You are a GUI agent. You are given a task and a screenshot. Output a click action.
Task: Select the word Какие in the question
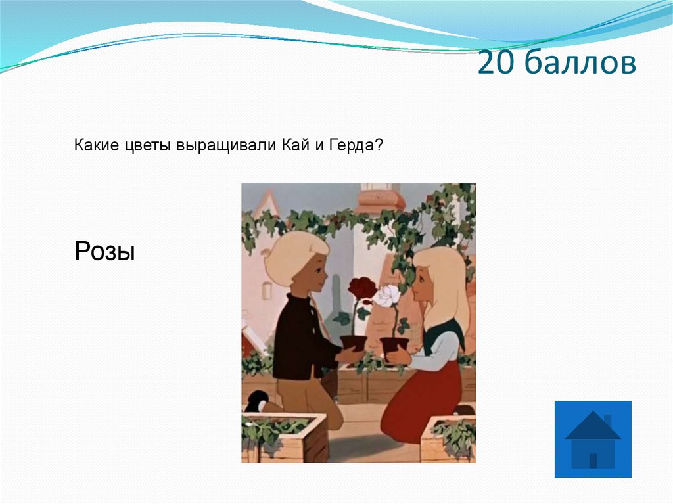pyautogui.click(x=96, y=145)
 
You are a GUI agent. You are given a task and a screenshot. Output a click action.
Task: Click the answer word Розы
pyautogui.click(x=104, y=251)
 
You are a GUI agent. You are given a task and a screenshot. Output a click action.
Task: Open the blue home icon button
pyautogui.click(x=593, y=439)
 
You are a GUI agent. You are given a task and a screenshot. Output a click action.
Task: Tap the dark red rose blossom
pyautogui.click(x=362, y=289)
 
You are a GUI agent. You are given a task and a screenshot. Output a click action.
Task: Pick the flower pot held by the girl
pyautogui.click(x=394, y=346)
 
